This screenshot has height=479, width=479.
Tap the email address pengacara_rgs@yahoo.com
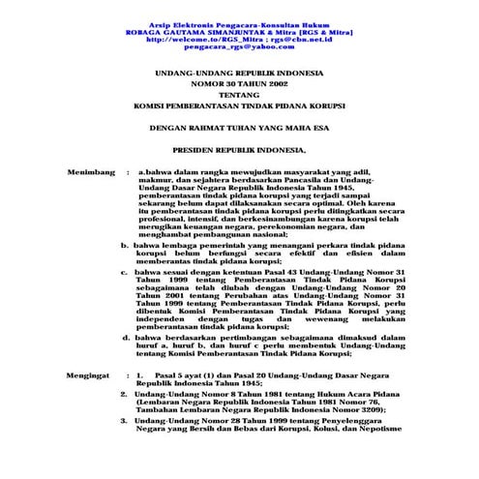(x=238, y=46)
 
